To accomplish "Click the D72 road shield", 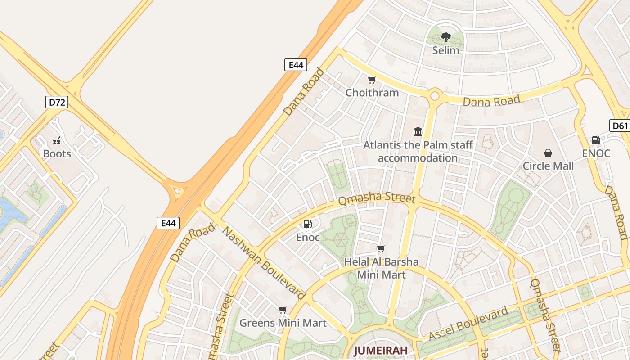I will [x=57, y=102].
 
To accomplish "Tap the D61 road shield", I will [x=620, y=126].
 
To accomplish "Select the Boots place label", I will [x=57, y=154].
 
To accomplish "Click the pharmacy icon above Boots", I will [x=57, y=141].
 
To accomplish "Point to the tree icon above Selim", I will [x=445, y=37].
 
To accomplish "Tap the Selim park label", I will [x=445, y=50].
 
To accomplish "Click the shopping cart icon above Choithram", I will [x=372, y=80].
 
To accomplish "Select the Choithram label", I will [x=372, y=93].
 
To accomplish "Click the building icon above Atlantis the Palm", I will [x=418, y=131].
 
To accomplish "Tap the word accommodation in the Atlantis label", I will [x=418, y=158].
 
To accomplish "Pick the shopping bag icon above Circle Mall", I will [x=548, y=153].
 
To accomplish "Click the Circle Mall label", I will [x=548, y=166].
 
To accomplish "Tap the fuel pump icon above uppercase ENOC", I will [x=596, y=140].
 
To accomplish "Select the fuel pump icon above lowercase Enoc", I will [x=308, y=224].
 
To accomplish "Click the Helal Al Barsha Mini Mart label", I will [x=381, y=268].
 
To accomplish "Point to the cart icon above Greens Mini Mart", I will [x=283, y=310].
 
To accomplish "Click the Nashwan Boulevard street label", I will [x=265, y=263].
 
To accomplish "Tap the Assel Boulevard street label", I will [x=468, y=324].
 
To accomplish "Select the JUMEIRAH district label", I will [x=380, y=350].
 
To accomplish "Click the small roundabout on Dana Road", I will [x=435, y=95].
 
